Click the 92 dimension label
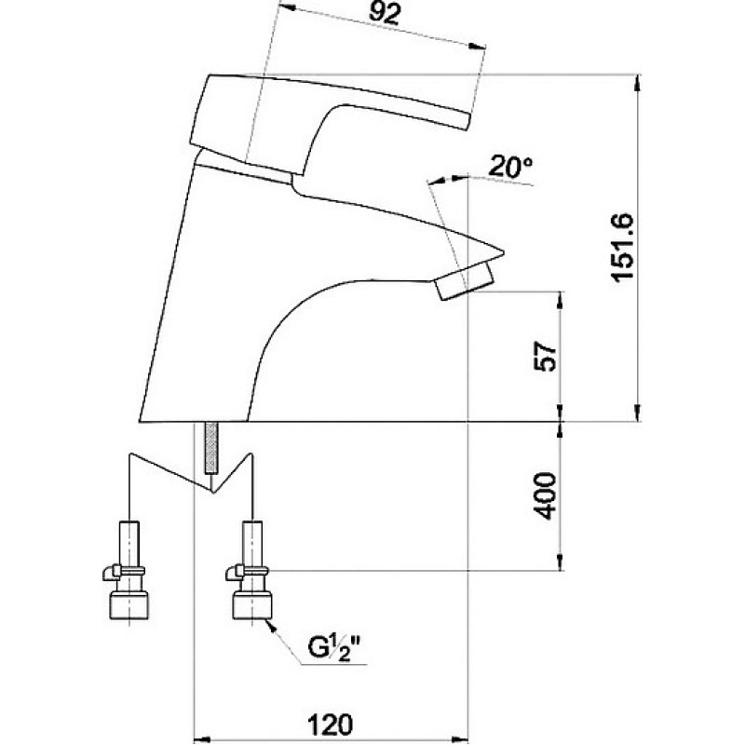tap(385, 15)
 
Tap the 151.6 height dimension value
tap(623, 247)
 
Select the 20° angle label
tap(510, 167)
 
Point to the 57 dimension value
tap(545, 357)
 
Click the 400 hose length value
tap(545, 495)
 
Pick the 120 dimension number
tap(331, 725)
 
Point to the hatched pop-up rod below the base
tap(212, 448)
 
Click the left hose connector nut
tap(129, 604)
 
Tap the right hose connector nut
tap(252, 604)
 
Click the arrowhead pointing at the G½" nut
tap(271, 626)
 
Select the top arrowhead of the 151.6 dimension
tap(637, 83)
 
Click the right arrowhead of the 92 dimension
tap(478, 46)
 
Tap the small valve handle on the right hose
tap(235, 573)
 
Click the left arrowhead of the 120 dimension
tap(202, 739)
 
